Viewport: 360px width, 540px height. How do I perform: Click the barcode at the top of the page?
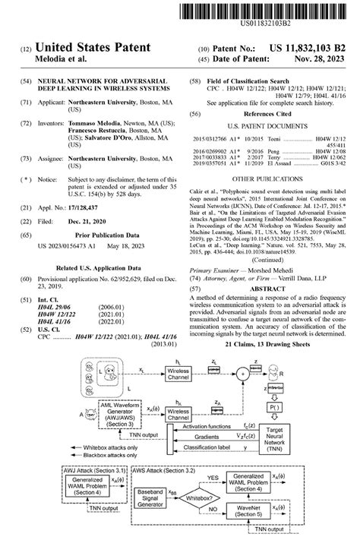(270, 10)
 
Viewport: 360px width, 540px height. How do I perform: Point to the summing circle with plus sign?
(242, 373)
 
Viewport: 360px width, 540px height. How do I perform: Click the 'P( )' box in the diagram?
(273, 406)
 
